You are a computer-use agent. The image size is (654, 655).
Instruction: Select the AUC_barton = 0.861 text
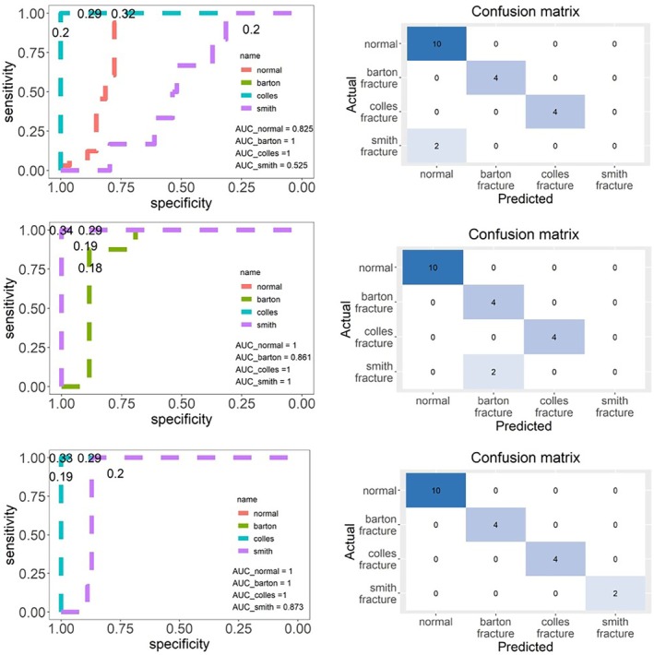click(x=272, y=357)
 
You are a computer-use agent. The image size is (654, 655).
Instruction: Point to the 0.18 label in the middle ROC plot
click(x=89, y=268)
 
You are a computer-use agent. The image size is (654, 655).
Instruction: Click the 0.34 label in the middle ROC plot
click(x=60, y=230)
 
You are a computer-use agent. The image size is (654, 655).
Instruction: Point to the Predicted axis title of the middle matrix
click(x=523, y=426)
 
